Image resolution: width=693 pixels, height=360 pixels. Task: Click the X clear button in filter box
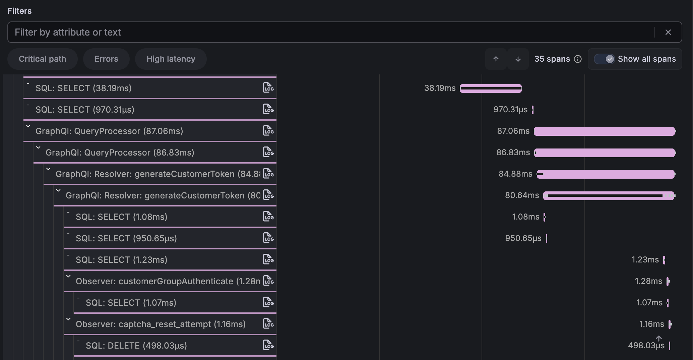(668, 32)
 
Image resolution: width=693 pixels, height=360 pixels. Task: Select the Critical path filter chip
(43, 59)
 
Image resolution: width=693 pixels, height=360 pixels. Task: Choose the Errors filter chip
(106, 59)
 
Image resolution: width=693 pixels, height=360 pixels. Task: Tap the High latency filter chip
(171, 59)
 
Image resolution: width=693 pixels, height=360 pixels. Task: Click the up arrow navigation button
(496, 59)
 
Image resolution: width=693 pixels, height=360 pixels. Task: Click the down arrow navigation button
(518, 59)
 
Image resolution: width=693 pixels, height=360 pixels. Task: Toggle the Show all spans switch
(604, 59)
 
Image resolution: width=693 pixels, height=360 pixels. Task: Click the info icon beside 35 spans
(578, 59)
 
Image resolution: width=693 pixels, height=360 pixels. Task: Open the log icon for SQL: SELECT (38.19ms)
(268, 88)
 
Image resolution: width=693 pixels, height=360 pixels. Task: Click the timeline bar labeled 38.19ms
(491, 88)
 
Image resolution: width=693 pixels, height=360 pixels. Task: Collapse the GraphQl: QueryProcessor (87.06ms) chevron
(28, 126)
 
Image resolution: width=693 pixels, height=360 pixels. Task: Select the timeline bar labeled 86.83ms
(605, 153)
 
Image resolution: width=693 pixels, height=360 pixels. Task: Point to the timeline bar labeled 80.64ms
(609, 196)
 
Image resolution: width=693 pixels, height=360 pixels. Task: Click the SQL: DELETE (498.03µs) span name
(136, 346)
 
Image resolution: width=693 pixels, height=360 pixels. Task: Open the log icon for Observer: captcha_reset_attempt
(268, 324)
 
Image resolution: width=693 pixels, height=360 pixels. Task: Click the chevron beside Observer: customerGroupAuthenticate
(69, 277)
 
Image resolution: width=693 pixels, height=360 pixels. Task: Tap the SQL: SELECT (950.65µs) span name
(126, 238)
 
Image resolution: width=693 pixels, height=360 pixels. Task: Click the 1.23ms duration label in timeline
(645, 260)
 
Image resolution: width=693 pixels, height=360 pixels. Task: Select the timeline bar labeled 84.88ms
(606, 174)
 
